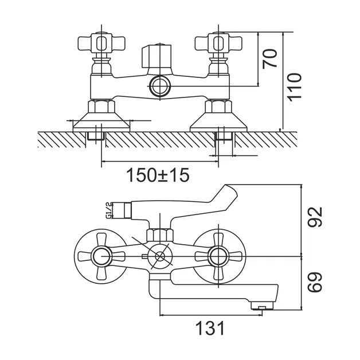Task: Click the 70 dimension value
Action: [x=270, y=58]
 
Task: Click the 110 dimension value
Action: [x=295, y=87]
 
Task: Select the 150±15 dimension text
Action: [x=158, y=175]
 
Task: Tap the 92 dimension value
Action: [x=315, y=217]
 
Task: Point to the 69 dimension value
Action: [x=315, y=283]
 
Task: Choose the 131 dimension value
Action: [x=210, y=328]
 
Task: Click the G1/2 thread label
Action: [x=108, y=210]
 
